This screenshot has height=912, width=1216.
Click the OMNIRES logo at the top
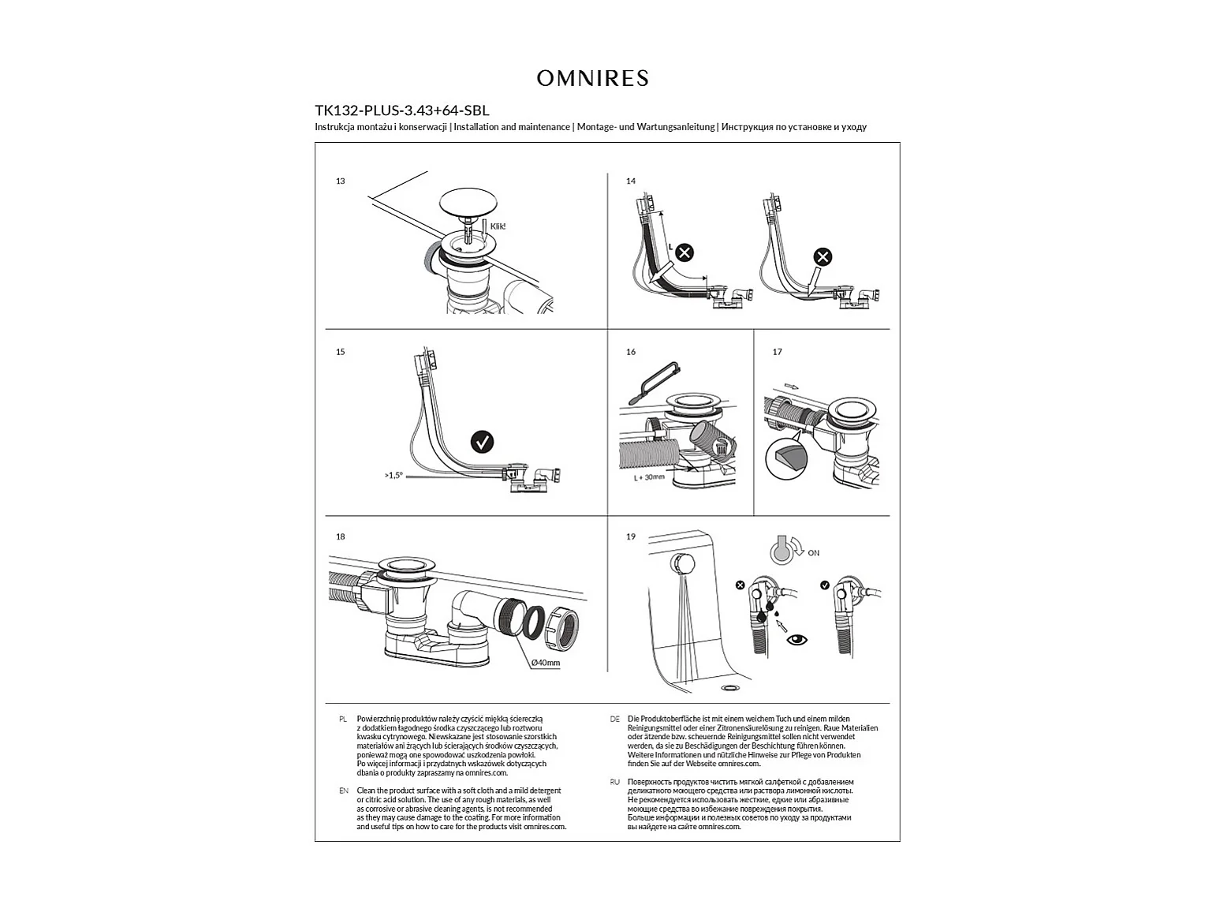point(592,78)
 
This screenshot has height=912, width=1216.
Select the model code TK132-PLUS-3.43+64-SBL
point(401,110)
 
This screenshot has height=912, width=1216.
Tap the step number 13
point(340,181)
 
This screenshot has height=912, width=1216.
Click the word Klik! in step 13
point(498,226)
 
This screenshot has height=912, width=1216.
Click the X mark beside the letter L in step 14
point(685,253)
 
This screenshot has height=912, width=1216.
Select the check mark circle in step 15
point(482,442)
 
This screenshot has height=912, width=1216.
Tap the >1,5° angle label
point(394,475)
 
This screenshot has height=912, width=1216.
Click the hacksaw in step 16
point(653,383)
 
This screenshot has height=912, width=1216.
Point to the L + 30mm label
point(649,477)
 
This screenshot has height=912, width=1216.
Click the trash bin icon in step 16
point(721,447)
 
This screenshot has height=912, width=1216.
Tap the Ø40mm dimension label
point(545,663)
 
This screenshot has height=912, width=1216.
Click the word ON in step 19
point(813,553)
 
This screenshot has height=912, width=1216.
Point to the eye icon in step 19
point(796,641)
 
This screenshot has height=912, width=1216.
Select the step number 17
point(778,352)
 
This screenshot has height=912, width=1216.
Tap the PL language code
point(343,720)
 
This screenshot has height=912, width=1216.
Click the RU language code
point(615,783)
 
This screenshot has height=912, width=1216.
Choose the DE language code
point(615,720)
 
